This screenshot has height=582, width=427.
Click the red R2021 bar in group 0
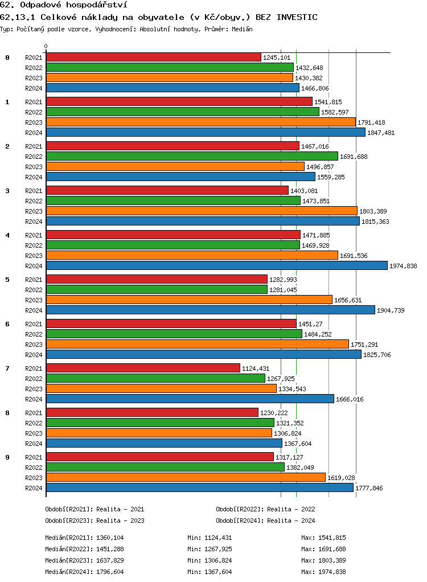click(x=153, y=57)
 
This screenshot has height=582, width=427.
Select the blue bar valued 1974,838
click(x=216, y=265)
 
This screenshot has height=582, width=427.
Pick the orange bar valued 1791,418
click(x=200, y=122)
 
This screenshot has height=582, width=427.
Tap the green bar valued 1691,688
click(x=191, y=156)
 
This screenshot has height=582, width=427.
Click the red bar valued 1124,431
click(x=143, y=368)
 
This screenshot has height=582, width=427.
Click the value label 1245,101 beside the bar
click(x=277, y=58)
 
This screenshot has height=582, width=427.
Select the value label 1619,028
click(x=341, y=478)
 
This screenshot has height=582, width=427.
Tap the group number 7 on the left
click(x=7, y=368)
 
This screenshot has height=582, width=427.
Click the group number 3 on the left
click(x=7, y=191)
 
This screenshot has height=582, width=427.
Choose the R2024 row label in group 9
click(x=34, y=488)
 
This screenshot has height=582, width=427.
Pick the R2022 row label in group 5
click(x=34, y=290)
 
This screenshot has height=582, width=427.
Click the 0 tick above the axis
click(x=46, y=46)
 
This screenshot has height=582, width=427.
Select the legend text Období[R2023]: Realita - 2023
click(x=95, y=520)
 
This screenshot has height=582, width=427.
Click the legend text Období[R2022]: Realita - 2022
click(x=265, y=509)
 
